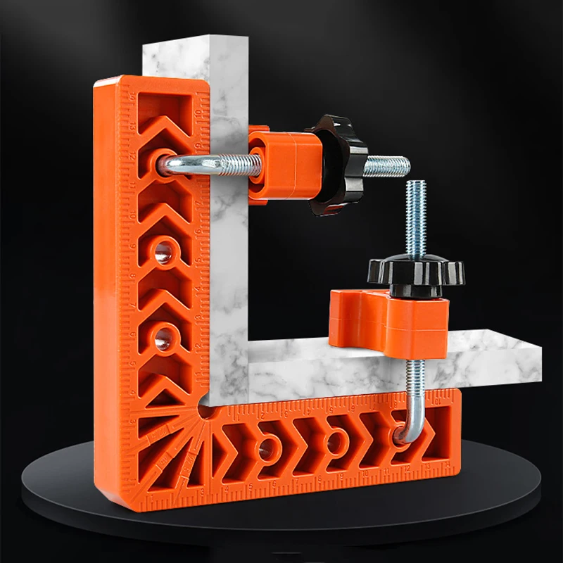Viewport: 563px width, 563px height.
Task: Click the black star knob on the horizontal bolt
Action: pos(336,163)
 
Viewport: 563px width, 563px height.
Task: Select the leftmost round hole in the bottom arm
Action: pos(267,447)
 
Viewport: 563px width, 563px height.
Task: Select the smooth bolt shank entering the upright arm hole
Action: pos(186,164)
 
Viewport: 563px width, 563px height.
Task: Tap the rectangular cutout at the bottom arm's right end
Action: pos(440,422)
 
